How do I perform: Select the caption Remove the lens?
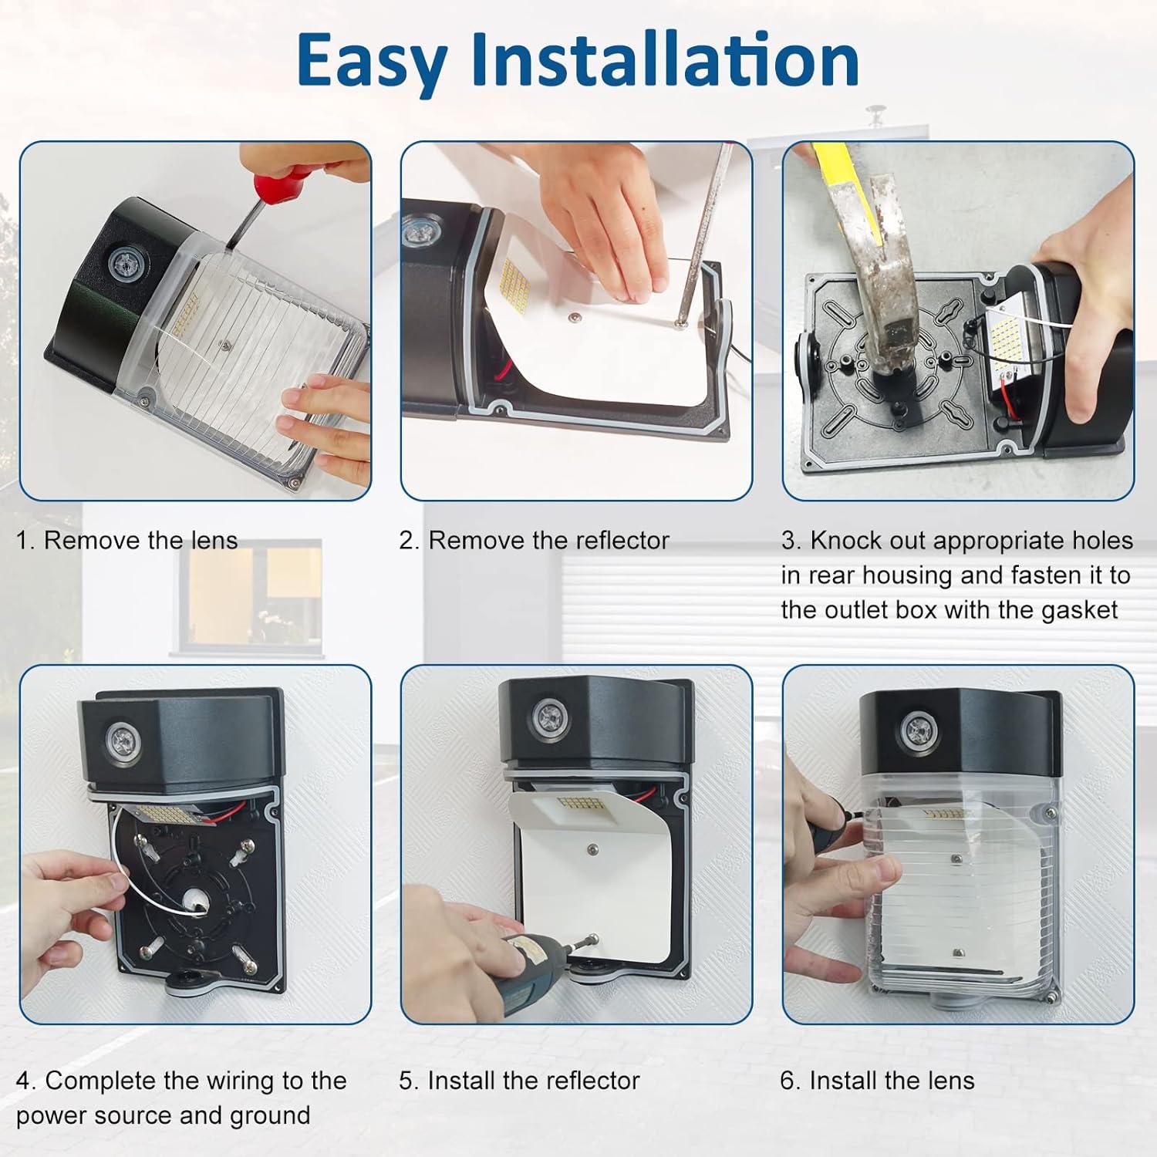click(140, 541)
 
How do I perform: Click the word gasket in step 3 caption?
click(1079, 610)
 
